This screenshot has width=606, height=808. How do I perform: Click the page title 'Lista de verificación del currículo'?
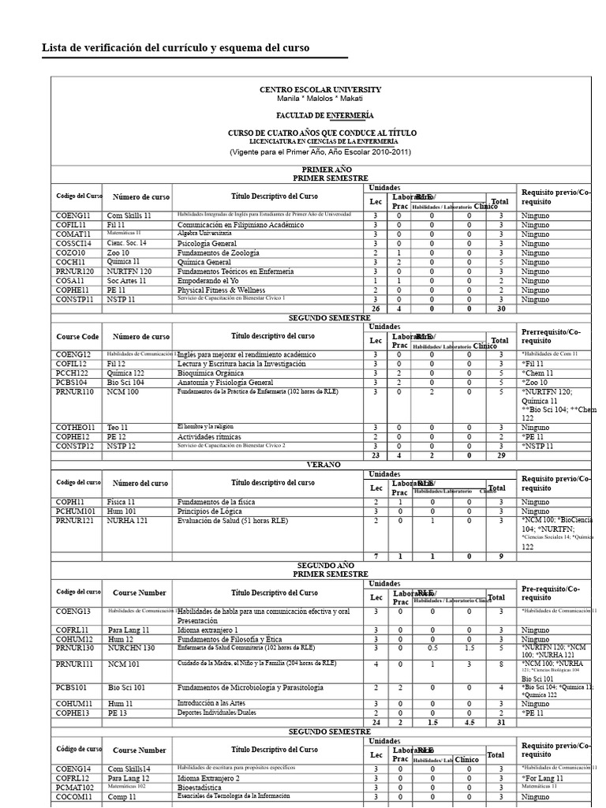click(175, 48)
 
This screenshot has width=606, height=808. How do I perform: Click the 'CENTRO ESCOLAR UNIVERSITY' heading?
click(320, 90)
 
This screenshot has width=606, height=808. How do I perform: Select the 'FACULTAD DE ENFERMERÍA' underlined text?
click(320, 115)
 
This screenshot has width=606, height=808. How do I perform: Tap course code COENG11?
click(73, 215)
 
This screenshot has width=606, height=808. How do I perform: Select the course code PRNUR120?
click(75, 271)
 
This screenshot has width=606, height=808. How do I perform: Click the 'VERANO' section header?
click(320, 465)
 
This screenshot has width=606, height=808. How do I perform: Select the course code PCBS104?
click(73, 383)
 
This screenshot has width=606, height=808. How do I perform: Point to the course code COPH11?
click(70, 501)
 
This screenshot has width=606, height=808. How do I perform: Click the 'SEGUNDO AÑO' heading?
click(320, 566)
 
